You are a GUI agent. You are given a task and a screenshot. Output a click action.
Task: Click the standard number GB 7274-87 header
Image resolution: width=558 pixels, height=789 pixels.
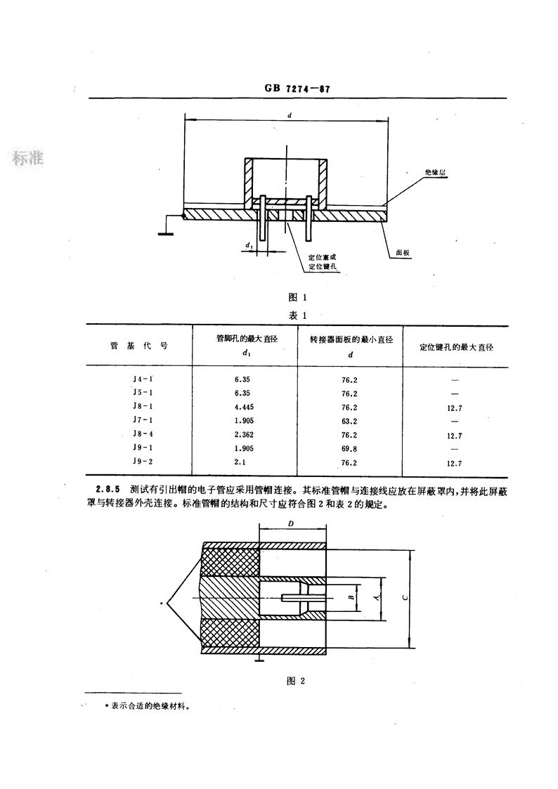pyautogui.click(x=297, y=89)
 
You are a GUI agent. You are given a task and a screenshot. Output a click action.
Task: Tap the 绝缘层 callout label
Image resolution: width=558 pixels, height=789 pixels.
pyautogui.click(x=435, y=173)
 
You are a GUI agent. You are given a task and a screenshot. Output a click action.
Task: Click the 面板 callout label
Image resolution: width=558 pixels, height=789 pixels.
pyautogui.click(x=403, y=253)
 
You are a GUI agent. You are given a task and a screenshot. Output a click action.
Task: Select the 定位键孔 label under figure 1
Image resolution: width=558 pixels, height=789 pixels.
pyautogui.click(x=323, y=266)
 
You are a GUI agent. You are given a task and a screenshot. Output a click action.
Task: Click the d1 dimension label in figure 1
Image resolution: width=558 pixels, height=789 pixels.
pyautogui.click(x=249, y=245)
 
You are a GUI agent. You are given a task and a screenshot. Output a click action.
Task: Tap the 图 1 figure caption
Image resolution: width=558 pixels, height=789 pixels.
pyautogui.click(x=297, y=297)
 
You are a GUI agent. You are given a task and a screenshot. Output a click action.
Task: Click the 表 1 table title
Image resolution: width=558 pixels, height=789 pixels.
pyautogui.click(x=297, y=315)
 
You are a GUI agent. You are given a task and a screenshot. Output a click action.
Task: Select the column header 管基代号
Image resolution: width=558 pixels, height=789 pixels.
pyautogui.click(x=139, y=346)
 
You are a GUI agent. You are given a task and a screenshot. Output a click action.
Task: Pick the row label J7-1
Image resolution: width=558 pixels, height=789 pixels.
pyautogui.click(x=143, y=419)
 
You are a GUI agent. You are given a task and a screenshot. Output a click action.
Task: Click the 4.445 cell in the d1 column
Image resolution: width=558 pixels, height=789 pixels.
pyautogui.click(x=245, y=407)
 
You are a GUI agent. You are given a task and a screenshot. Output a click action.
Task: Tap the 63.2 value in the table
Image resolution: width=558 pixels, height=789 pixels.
pyautogui.click(x=349, y=421)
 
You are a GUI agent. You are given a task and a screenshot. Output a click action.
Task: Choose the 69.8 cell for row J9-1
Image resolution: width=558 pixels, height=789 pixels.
pyautogui.click(x=349, y=449)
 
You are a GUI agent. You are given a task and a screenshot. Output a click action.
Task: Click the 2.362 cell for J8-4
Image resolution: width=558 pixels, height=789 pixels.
pyautogui.click(x=245, y=435)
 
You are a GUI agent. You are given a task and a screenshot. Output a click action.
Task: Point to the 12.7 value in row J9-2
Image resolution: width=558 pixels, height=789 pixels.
pyautogui.click(x=454, y=464)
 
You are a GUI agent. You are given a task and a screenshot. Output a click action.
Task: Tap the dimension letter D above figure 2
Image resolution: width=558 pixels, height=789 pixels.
pyautogui.click(x=291, y=524)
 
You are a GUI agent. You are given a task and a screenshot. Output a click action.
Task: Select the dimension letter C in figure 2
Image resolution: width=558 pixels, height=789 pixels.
pyautogui.click(x=405, y=598)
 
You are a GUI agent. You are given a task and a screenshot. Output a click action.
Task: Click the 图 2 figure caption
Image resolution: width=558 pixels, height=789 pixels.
pyautogui.click(x=296, y=682)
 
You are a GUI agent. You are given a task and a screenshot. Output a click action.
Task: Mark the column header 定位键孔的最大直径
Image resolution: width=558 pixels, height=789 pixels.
pyautogui.click(x=457, y=347)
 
